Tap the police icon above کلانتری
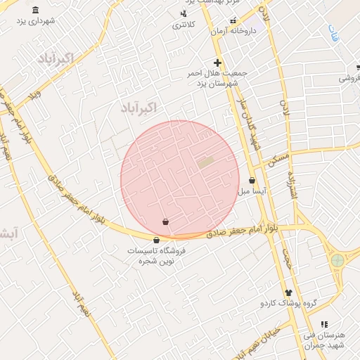point(184,13)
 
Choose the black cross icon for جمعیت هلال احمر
point(218,63)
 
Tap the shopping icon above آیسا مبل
point(252,180)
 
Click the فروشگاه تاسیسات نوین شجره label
point(156,255)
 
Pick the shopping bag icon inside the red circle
point(165,222)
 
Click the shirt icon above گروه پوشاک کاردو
point(288,292)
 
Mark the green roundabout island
point(337,260)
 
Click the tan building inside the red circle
point(206,162)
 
